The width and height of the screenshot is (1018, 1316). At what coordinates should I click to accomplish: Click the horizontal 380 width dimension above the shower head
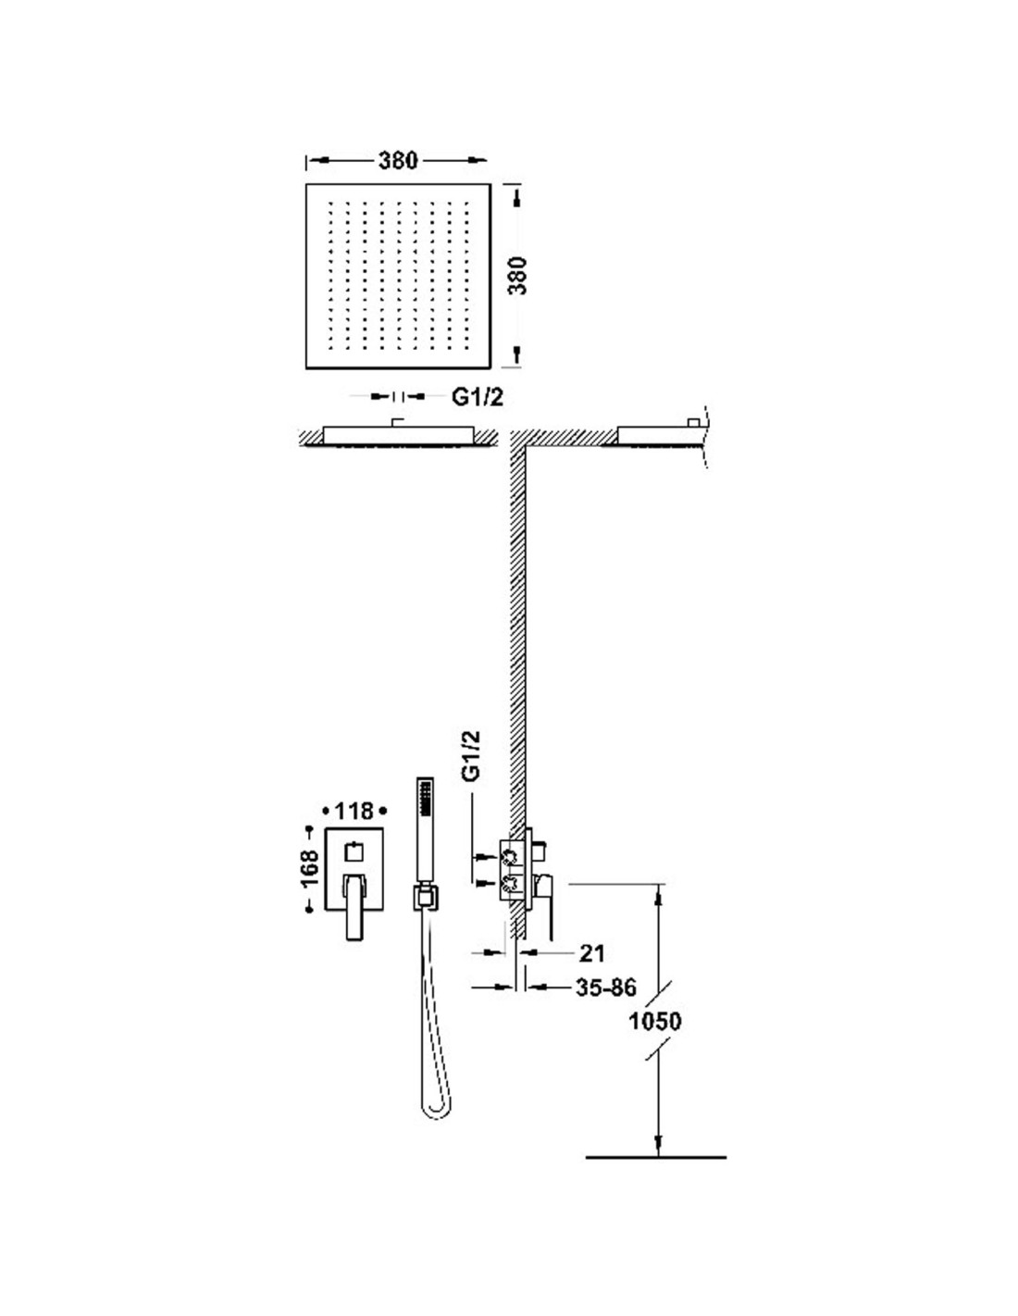(398, 160)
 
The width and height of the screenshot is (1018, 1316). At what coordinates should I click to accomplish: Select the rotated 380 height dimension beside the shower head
(517, 276)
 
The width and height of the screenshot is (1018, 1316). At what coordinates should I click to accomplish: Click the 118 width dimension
(354, 810)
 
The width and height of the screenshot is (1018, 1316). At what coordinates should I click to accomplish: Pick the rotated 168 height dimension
(310, 866)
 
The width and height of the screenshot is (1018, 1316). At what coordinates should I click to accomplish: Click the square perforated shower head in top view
(398, 276)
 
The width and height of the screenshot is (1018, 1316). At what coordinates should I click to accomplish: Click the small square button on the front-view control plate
(353, 850)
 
